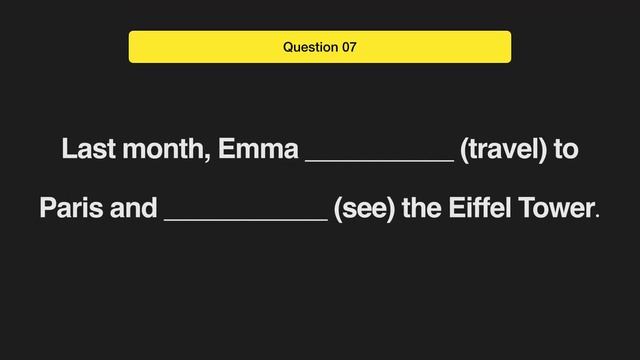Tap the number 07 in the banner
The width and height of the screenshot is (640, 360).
pos(347,47)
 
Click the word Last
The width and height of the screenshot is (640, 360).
pos(85,151)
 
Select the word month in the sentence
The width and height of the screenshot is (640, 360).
pos(161,151)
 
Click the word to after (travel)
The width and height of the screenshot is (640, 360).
pos(566,151)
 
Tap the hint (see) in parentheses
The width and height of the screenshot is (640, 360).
pos(364,210)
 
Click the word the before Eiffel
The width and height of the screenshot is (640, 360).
pos(422,210)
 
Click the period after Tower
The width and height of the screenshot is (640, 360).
pos(598,216)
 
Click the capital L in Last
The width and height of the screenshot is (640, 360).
pos(68,151)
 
